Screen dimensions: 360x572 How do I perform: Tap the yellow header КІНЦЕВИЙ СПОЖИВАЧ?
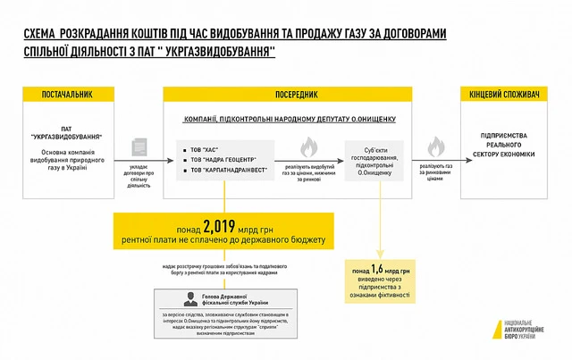click(x=506, y=95)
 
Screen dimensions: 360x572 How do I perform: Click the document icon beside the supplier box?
click(x=139, y=147)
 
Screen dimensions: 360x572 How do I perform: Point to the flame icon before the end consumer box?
click(x=436, y=146)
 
